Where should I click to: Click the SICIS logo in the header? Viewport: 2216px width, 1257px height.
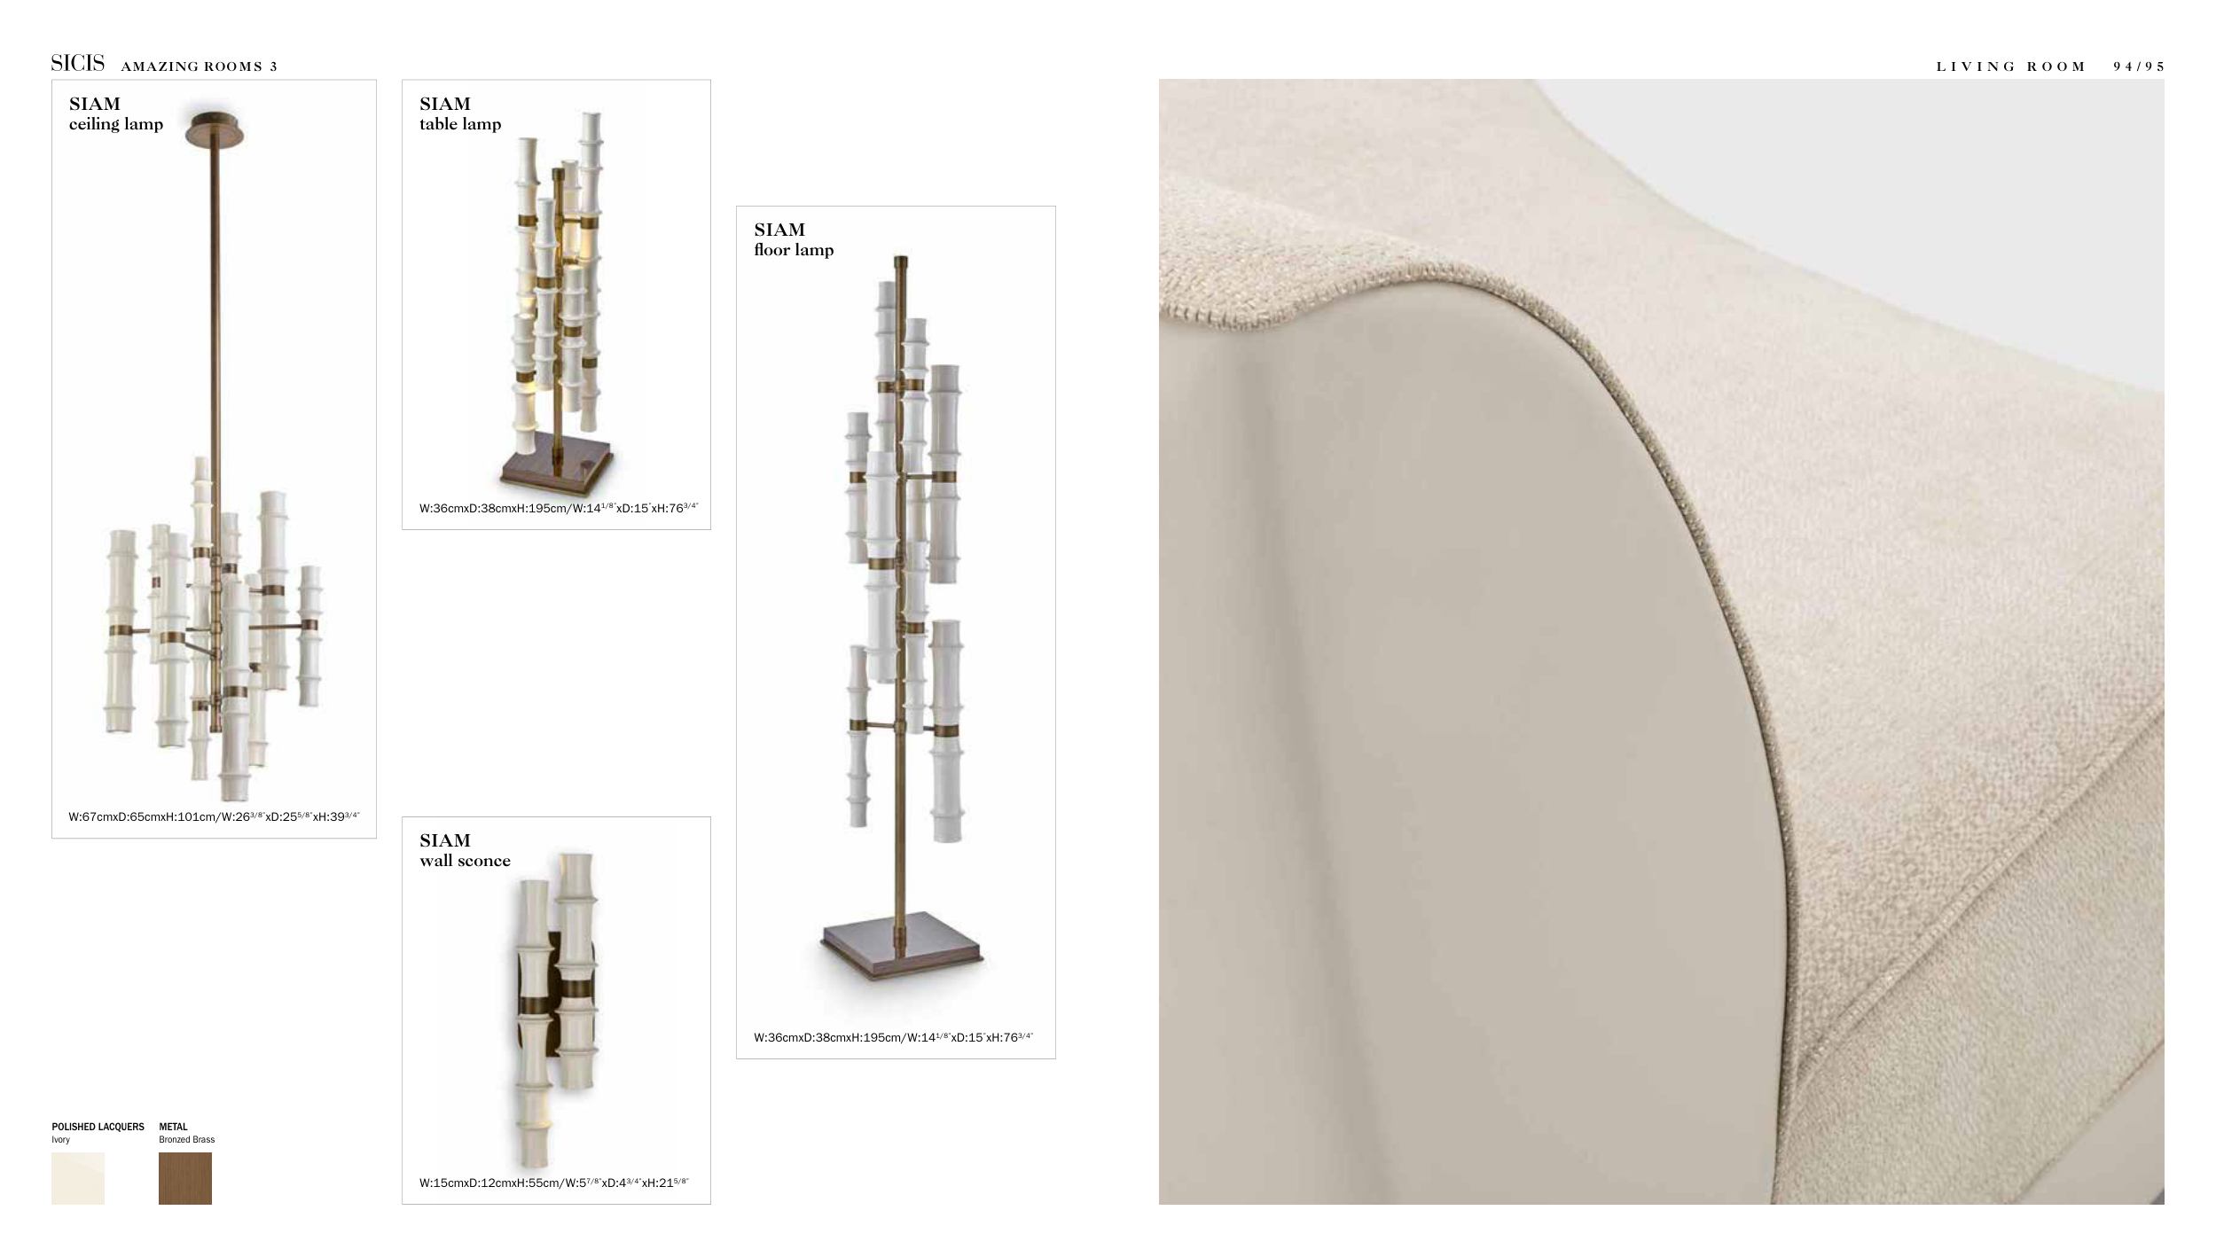[77, 64]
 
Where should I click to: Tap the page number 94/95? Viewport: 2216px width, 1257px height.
[2138, 66]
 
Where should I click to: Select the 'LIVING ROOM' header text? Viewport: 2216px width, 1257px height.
[2010, 66]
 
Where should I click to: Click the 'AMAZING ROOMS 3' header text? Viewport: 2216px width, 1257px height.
[199, 66]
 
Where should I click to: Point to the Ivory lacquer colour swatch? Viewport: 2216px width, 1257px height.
[78, 1178]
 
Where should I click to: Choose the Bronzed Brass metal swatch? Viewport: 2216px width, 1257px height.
[185, 1178]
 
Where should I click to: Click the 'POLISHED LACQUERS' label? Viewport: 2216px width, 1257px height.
[98, 1127]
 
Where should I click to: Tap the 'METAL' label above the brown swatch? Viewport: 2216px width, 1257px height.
[173, 1127]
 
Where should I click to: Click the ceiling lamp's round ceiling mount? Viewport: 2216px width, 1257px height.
[215, 129]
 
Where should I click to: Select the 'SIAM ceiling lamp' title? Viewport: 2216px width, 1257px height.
[116, 113]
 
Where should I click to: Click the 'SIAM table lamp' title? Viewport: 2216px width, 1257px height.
[460, 113]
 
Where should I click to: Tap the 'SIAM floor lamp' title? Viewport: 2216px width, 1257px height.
[794, 239]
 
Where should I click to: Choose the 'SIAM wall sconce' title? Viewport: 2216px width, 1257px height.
[465, 850]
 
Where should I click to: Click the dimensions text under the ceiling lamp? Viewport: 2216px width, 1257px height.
[214, 816]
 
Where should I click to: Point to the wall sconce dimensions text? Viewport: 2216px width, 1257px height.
[554, 1183]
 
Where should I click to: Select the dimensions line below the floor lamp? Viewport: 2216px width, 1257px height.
[894, 1037]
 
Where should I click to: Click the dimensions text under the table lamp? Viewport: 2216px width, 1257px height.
[559, 508]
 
